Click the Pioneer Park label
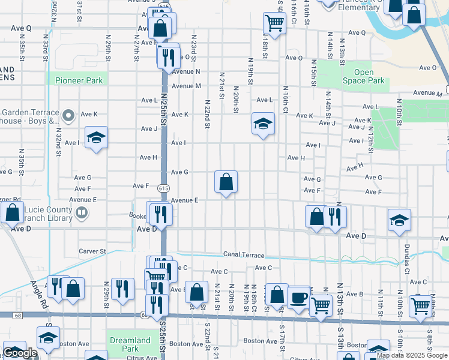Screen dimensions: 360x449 pyautogui.click(x=79, y=80)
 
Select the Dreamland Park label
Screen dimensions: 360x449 pyautogui.click(x=130, y=344)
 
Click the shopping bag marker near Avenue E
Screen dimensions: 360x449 pyautogui.click(x=226, y=182)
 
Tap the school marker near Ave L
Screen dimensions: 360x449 pyautogui.click(x=262, y=124)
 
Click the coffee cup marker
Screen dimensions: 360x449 pyautogui.click(x=298, y=297)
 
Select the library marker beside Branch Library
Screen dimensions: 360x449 pyautogui.click(x=80, y=212)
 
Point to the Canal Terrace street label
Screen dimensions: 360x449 pyautogui.click(x=244, y=254)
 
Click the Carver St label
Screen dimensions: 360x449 pyautogui.click(x=92, y=251)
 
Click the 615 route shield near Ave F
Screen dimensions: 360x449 pyautogui.click(x=163, y=188)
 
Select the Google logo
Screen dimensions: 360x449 pyautogui.click(x=20, y=353)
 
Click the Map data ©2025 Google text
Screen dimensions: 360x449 pyautogui.click(x=411, y=355)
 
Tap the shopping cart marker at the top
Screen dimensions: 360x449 pyautogui.click(x=274, y=23)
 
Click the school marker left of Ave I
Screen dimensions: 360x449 pyautogui.click(x=96, y=138)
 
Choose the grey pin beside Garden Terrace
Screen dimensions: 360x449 pyautogui.click(x=68, y=116)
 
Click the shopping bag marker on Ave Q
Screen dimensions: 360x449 pyautogui.click(x=160, y=28)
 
